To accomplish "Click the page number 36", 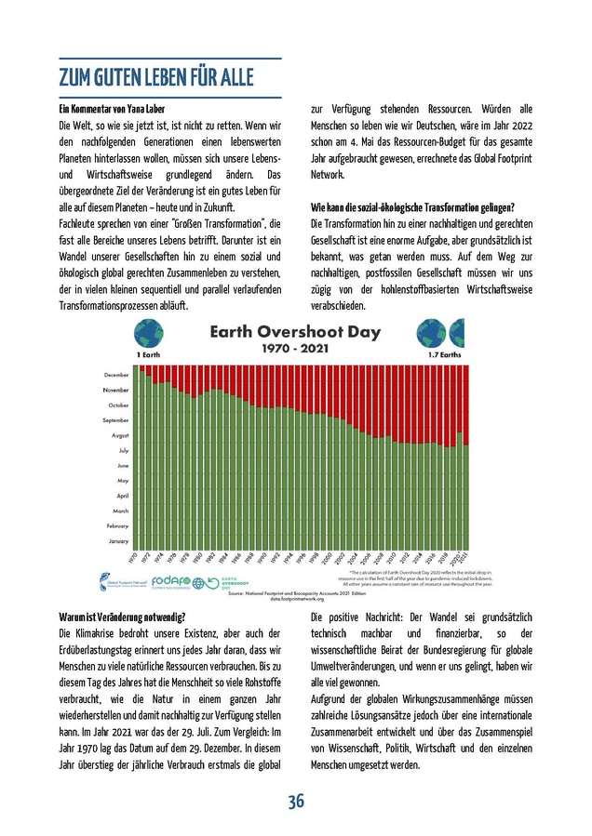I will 296,802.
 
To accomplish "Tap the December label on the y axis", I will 115,375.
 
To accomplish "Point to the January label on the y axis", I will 118,540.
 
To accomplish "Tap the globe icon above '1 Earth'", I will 147,333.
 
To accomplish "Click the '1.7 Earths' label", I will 445,355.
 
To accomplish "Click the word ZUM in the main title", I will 76,76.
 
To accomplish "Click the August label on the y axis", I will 118,435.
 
